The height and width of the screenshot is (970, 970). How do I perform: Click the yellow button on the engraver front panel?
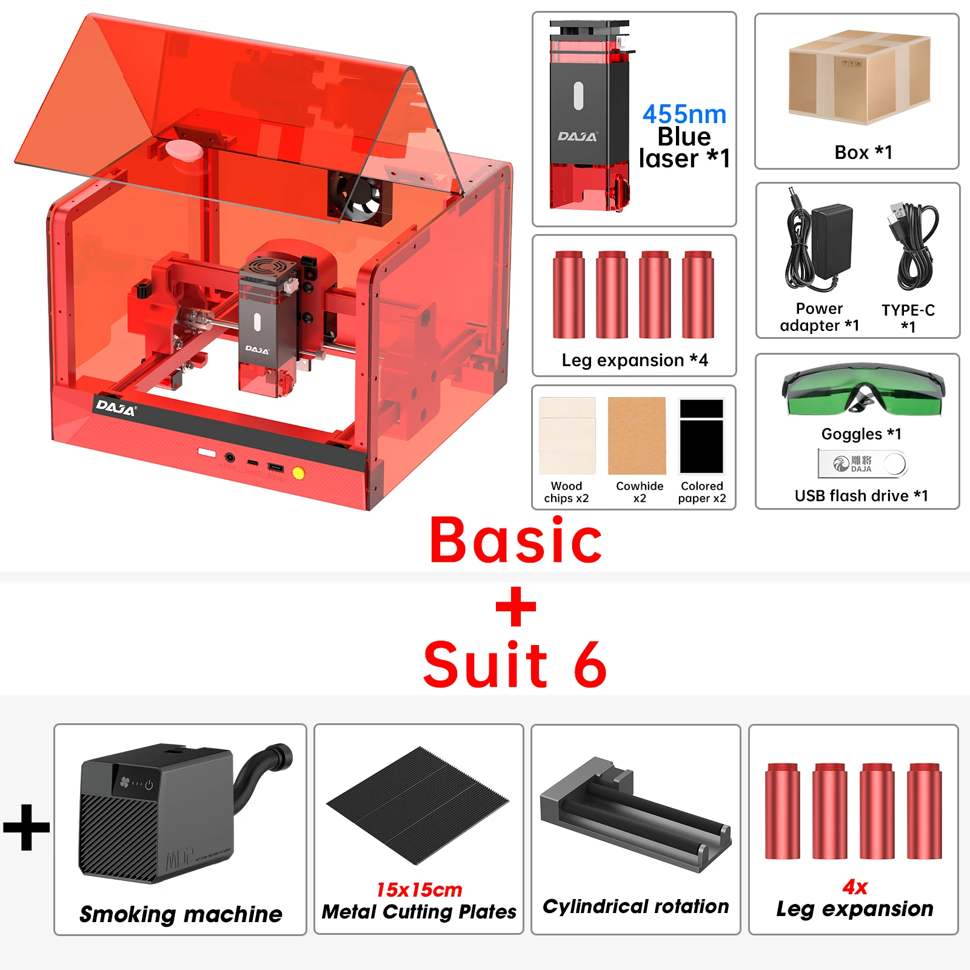point(298,473)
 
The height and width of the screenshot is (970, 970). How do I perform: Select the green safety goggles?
point(863,391)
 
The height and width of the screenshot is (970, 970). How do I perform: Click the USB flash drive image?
point(861,464)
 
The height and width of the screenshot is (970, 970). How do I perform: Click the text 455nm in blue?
point(684,114)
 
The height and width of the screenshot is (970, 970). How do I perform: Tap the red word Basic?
point(515,541)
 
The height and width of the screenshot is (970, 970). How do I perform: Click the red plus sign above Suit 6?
point(515,606)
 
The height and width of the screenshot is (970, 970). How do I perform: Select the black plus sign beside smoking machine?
point(27,827)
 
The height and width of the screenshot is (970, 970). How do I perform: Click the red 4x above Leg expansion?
point(855,887)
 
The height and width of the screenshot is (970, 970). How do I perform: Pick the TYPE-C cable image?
point(912,246)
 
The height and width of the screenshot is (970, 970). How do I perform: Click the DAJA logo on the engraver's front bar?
point(115,407)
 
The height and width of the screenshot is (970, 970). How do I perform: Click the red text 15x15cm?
point(419,889)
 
